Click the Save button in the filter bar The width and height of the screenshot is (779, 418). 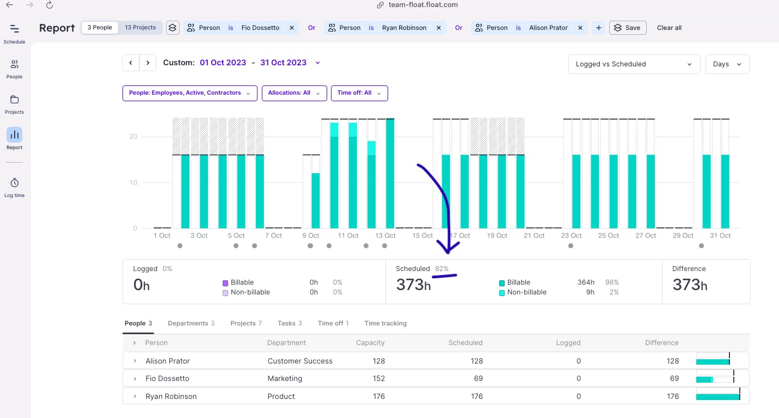click(627, 28)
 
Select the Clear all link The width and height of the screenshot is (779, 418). click(669, 28)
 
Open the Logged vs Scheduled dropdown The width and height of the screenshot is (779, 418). click(634, 64)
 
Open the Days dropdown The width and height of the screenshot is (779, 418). click(727, 64)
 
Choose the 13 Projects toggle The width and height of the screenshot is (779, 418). click(140, 28)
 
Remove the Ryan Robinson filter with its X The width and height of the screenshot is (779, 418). click(438, 28)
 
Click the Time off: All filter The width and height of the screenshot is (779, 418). click(359, 93)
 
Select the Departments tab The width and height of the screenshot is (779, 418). click(191, 323)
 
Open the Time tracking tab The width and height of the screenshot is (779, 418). click(385, 323)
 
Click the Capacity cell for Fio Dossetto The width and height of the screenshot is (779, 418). click(378, 378)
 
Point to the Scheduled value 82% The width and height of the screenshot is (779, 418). click(441, 269)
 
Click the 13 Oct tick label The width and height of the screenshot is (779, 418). click(385, 236)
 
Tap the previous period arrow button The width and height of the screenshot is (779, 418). click(131, 63)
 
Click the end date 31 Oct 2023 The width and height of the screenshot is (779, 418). click(283, 63)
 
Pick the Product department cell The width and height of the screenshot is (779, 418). click(281, 396)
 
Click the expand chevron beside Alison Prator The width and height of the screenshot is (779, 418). click(134, 361)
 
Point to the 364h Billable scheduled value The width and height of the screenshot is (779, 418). click(586, 282)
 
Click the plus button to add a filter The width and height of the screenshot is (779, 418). click(598, 28)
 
